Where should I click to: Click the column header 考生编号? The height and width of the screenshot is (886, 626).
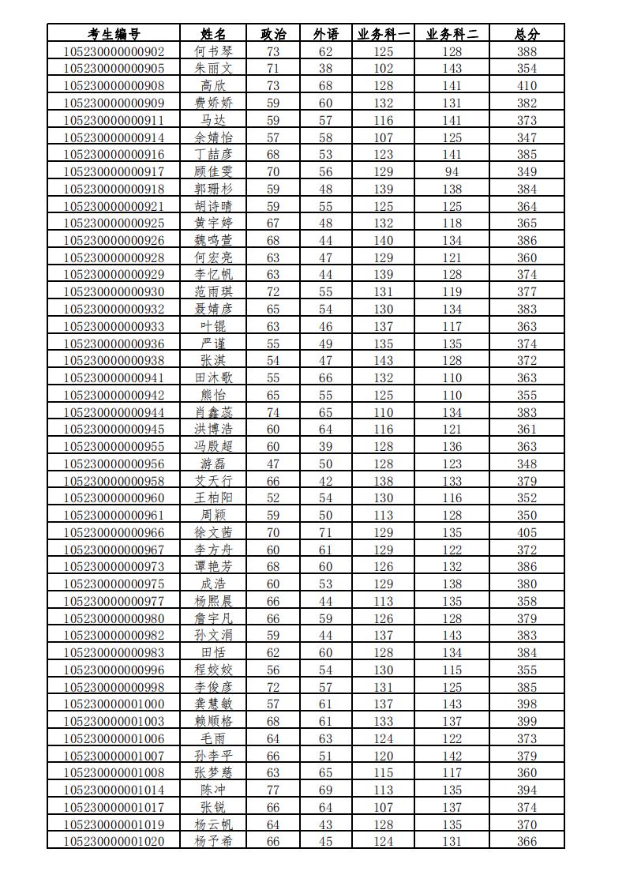114,34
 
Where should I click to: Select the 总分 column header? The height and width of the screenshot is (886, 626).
527,34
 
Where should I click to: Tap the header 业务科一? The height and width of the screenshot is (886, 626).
384,34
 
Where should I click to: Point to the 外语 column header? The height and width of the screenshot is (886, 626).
325,34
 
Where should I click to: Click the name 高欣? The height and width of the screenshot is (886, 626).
214,85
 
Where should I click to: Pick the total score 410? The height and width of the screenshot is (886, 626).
527,85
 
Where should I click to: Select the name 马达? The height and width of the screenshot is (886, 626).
214,120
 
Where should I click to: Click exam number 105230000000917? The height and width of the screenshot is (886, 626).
114,171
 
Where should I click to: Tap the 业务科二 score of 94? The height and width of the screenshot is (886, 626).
452,171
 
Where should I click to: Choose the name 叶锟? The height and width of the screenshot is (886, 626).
214,326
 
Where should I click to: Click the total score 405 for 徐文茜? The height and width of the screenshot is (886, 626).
527,532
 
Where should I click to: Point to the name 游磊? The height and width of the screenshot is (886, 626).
214,464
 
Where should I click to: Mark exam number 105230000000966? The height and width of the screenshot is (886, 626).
114,532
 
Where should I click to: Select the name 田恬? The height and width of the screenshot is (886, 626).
214,652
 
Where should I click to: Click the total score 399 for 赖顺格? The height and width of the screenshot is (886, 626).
527,721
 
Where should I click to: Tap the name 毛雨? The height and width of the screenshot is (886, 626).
214,738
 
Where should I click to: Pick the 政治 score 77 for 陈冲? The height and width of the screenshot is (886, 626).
273,790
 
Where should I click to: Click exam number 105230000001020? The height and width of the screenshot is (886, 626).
114,841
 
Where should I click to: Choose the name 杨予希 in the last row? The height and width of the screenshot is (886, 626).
214,841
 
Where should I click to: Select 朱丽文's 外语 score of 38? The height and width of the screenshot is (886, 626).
325,69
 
